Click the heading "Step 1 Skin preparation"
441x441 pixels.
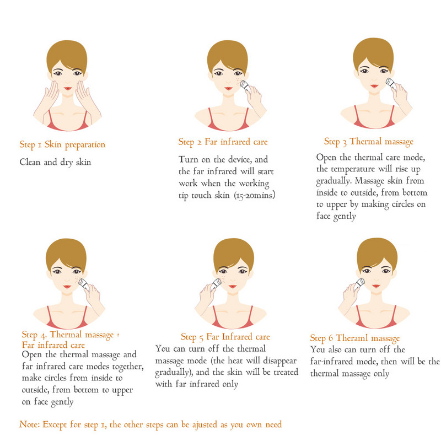[62, 145]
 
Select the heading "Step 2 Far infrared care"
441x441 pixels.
[223, 142]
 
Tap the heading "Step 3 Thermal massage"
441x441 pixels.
[369, 142]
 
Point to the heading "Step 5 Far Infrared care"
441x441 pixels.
[225, 337]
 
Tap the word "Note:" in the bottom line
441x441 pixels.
[29, 424]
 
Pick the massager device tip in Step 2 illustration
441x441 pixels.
[244, 84]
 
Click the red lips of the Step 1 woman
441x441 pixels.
[67, 88]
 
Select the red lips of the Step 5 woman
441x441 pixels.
[233, 286]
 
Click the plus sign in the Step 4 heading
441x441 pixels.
[118, 335]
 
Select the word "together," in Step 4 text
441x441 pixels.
[128, 367]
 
